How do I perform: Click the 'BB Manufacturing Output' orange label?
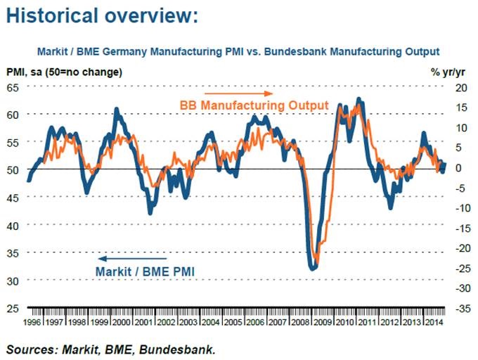click(x=254, y=105)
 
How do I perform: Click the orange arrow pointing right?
click(x=238, y=93)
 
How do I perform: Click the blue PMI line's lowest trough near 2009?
click(x=312, y=268)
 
